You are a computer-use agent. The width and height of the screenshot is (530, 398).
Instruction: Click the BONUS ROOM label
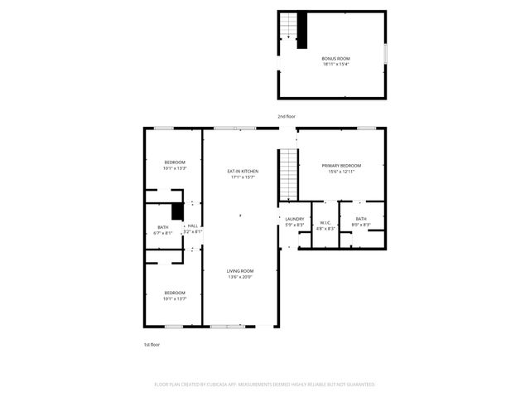tap(335, 59)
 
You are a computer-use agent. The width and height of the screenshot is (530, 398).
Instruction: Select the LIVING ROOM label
tap(241, 271)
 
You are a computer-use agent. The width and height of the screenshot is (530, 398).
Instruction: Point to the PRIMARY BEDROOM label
tap(341, 165)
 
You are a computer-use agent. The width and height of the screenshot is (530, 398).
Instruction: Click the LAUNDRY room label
tap(295, 219)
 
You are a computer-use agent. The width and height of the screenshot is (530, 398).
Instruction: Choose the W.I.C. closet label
tap(325, 222)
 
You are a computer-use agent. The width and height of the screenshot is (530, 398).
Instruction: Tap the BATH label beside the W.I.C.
tap(361, 219)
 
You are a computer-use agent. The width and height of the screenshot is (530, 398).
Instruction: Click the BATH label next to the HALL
tap(163, 227)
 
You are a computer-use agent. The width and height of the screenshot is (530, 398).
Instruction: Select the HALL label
tap(191, 226)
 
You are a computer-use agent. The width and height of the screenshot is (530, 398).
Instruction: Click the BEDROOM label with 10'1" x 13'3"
tap(174, 162)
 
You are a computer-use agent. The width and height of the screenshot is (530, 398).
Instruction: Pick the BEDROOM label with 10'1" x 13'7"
tap(174, 293)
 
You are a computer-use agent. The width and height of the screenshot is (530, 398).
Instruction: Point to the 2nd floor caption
tap(287, 117)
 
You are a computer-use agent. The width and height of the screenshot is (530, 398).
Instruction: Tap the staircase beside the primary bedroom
tap(287, 173)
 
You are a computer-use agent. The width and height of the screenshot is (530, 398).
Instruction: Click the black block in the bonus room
tap(302, 31)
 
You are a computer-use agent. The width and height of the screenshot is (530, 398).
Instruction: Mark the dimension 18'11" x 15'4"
tap(335, 65)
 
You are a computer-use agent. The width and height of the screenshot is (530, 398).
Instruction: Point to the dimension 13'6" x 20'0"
tap(241, 277)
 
